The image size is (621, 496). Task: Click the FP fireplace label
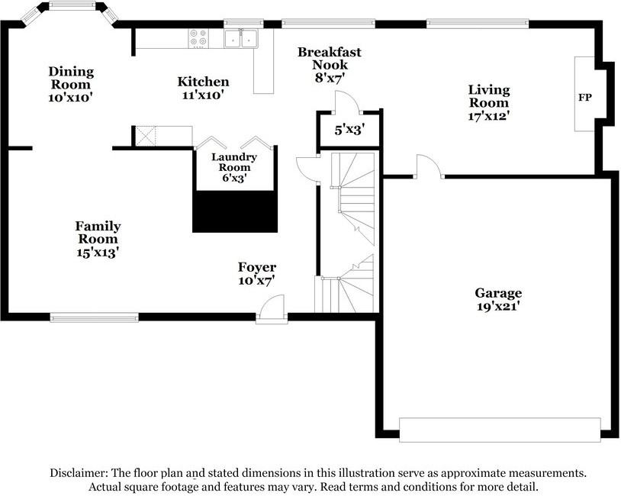tap(584, 97)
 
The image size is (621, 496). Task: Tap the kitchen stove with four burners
tap(198, 38)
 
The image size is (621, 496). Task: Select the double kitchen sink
tap(241, 39)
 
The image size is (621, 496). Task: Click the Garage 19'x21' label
tap(498, 299)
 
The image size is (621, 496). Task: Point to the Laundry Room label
tap(234, 162)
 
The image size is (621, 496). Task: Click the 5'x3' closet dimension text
tap(349, 130)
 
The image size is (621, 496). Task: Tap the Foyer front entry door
tap(272, 307)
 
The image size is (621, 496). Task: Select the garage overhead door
tap(500, 430)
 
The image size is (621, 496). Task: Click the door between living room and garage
tap(429, 166)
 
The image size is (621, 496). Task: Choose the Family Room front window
tap(95, 317)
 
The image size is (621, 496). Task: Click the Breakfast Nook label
tap(330, 58)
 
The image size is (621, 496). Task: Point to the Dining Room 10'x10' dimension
tap(70, 98)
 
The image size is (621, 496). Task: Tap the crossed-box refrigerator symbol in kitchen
tap(146, 137)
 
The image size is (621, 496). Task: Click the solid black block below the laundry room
tap(235, 211)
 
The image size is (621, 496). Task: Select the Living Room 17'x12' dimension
tap(489, 116)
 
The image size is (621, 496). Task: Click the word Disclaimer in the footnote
tap(78, 473)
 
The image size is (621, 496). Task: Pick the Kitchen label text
tap(203, 82)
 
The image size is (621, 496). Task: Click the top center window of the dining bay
tap(72, 5)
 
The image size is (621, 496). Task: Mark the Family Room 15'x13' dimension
tap(98, 253)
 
